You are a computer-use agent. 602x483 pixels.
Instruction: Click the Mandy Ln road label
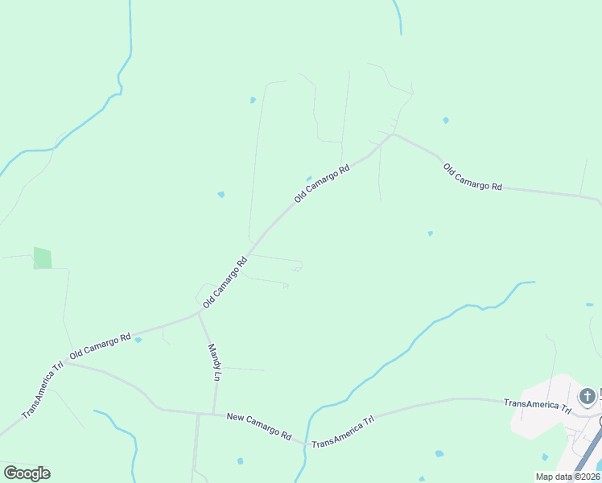pos(215,362)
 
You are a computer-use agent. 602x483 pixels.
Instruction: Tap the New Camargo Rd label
pos(258,426)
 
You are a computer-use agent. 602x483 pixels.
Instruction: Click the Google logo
pos(27,473)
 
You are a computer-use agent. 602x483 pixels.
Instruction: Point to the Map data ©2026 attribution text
pos(567,477)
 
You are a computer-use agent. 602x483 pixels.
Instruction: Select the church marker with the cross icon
pos(588,397)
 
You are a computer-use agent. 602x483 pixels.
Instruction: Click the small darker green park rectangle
pos(42,258)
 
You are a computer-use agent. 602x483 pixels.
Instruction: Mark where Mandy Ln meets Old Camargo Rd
pos(199,313)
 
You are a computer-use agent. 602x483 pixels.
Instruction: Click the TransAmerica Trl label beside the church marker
pos(537,404)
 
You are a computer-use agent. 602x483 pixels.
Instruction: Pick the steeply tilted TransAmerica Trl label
pos(43,390)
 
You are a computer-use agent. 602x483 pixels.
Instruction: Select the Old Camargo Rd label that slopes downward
pos(472,176)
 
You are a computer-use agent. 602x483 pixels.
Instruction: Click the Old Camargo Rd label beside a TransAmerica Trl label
pos(101,346)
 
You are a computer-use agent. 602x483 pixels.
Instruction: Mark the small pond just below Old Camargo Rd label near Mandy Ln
pos(138,340)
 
